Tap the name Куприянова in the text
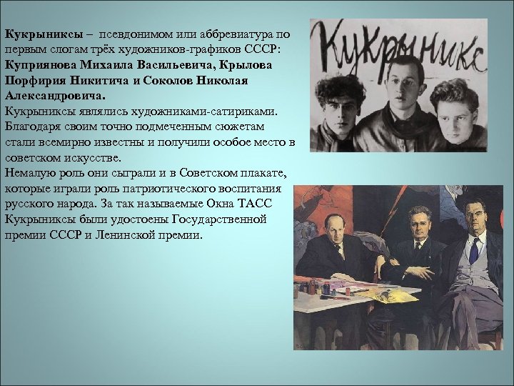(41, 65)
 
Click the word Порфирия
(36, 81)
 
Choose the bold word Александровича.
(54, 96)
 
